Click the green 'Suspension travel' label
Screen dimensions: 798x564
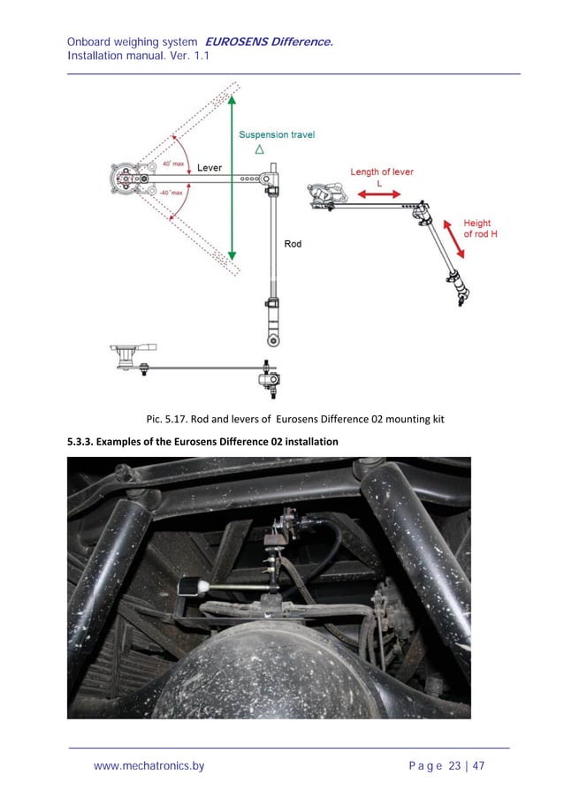pos(277,135)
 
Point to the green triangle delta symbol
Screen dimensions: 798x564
pos(259,150)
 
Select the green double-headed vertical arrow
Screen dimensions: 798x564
pos(231,177)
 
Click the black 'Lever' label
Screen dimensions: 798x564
pos(210,168)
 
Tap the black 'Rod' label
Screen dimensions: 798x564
pos(293,243)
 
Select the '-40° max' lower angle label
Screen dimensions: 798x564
pos(171,192)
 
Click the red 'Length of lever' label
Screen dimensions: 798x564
pos(382,172)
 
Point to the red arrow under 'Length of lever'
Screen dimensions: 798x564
pos(381,194)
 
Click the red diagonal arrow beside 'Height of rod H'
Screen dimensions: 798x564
pos(452,236)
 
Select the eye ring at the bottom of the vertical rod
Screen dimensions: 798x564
pos(273,339)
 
